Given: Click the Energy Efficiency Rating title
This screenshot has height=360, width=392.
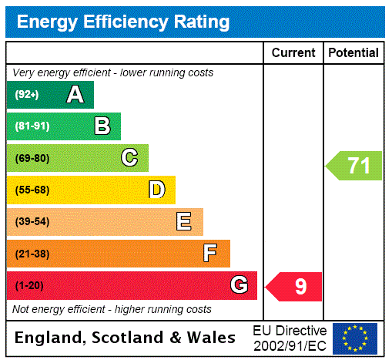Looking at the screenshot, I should [123, 22].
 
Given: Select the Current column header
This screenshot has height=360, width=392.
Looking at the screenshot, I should [293, 53].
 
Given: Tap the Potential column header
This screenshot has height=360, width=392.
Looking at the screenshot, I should [353, 53].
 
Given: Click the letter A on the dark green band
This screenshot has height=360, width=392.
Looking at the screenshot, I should [75, 95].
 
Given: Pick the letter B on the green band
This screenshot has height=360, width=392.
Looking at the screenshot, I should [102, 126].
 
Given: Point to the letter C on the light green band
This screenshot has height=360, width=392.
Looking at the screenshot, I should [129, 158].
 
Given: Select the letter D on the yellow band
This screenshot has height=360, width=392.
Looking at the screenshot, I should [156, 190].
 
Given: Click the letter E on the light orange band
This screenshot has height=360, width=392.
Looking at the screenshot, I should [184, 222].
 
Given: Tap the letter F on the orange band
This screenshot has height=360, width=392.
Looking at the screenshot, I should [209, 253].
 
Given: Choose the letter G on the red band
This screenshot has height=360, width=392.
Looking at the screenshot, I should [239, 285].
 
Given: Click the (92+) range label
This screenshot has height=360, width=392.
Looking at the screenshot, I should [27, 95].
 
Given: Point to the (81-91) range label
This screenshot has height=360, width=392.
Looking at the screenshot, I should [32, 126].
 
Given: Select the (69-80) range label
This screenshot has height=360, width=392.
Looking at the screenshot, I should [32, 158].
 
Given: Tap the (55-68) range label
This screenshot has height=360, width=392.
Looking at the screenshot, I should [32, 190].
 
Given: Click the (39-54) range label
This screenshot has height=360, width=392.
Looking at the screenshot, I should [32, 222].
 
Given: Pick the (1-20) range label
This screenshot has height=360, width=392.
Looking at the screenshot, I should [29, 286].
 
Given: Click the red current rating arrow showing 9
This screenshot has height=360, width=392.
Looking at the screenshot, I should [295, 287].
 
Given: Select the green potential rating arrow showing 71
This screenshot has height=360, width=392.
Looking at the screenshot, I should [355, 166].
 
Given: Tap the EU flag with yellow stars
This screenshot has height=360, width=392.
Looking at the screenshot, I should [355, 338].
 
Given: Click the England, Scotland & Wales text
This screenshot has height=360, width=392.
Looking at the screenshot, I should [126, 338].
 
